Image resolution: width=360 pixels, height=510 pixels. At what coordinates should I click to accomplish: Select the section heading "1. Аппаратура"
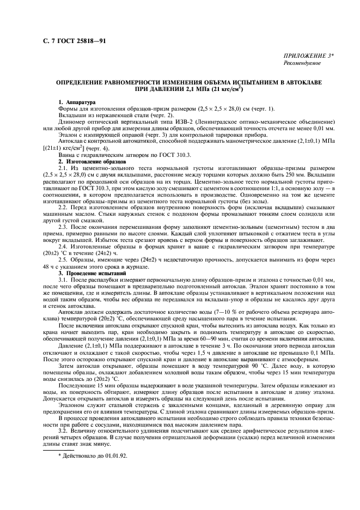pyautogui.click(x=77, y=102)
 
